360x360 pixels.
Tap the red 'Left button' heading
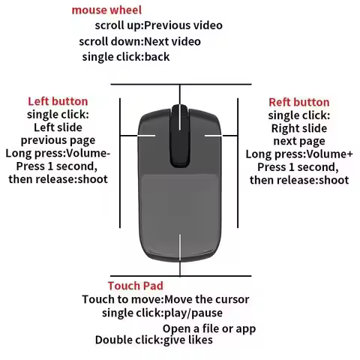[x=58, y=101]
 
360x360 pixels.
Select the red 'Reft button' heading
[x=298, y=102]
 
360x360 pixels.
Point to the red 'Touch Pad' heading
[x=135, y=286]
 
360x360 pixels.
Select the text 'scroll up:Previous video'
[x=158, y=25]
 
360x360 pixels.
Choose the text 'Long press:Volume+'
[x=298, y=154]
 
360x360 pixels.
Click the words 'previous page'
[x=57, y=139]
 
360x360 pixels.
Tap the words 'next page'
[x=298, y=141]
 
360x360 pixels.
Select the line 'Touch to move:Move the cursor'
[x=165, y=300]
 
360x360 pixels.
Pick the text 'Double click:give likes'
[x=153, y=340]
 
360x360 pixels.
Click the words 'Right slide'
[x=298, y=128]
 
